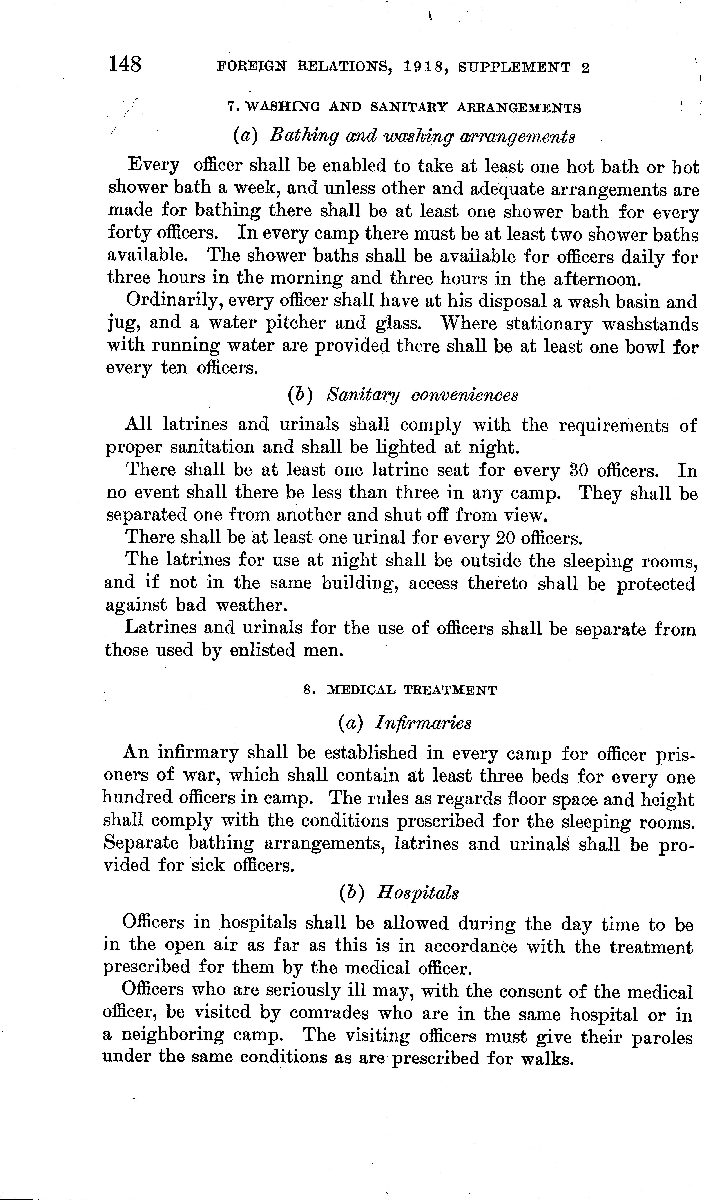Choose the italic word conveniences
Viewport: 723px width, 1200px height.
click(x=464, y=394)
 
